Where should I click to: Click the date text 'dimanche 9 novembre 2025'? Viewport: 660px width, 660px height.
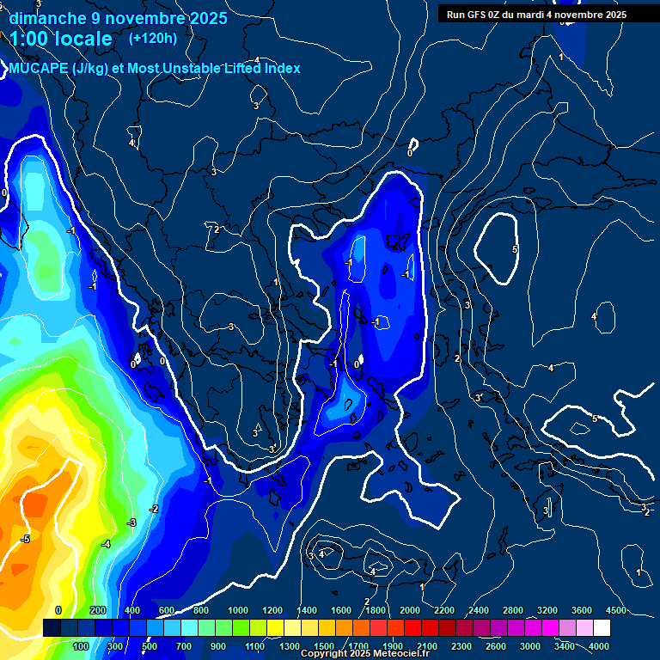(x=118, y=18)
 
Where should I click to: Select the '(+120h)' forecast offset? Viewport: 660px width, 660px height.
(x=153, y=38)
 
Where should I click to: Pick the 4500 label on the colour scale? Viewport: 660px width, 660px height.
(x=614, y=610)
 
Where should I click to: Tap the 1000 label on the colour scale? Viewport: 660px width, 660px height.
(x=238, y=610)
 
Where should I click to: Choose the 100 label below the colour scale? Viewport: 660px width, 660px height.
(x=81, y=646)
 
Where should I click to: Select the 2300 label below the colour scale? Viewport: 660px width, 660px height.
(x=461, y=646)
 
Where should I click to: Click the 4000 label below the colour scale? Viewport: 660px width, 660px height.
(x=599, y=646)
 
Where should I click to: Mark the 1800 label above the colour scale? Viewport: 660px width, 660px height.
(x=376, y=610)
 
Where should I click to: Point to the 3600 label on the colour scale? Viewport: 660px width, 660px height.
(x=581, y=610)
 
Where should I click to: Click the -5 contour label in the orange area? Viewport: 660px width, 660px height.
(x=26, y=539)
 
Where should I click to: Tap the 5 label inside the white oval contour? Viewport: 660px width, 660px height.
(x=515, y=249)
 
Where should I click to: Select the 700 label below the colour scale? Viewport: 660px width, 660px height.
(x=183, y=646)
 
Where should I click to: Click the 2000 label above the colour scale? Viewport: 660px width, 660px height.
(x=410, y=610)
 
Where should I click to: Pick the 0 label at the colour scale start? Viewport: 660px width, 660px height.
(x=58, y=610)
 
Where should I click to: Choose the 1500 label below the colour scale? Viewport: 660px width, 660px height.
(x=323, y=646)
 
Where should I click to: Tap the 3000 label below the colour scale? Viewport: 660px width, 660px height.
(x=529, y=646)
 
